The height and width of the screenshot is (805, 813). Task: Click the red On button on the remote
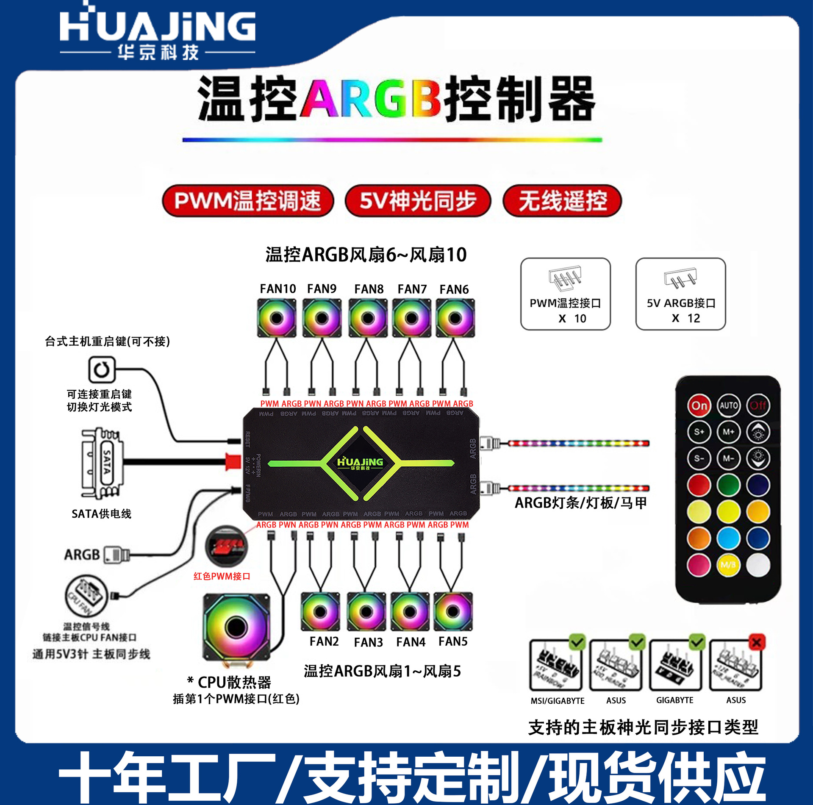click(x=699, y=405)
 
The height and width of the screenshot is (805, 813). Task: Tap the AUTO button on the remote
click(x=729, y=405)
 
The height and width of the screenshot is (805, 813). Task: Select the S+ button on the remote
click(x=699, y=432)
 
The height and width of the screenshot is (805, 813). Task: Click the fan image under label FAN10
click(x=277, y=318)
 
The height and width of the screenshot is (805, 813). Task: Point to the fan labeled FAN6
click(x=455, y=318)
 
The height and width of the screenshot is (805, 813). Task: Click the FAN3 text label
click(x=368, y=642)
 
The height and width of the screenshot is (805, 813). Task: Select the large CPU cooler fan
click(x=236, y=627)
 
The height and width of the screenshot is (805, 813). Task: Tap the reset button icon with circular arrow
click(x=102, y=370)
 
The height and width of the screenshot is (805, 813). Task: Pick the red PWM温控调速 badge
click(x=248, y=201)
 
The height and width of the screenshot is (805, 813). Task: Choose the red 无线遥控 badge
click(x=562, y=201)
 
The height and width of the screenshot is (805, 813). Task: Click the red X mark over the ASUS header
click(x=757, y=643)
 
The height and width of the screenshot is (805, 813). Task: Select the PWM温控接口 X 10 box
click(x=566, y=294)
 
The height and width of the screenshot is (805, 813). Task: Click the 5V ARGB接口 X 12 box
click(x=680, y=294)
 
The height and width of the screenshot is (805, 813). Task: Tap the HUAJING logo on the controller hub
click(x=360, y=463)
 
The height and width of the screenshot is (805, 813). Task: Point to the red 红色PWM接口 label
click(x=222, y=576)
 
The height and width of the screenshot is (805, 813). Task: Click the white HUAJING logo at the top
click(x=158, y=32)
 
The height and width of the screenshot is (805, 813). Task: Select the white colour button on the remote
click(x=758, y=564)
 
